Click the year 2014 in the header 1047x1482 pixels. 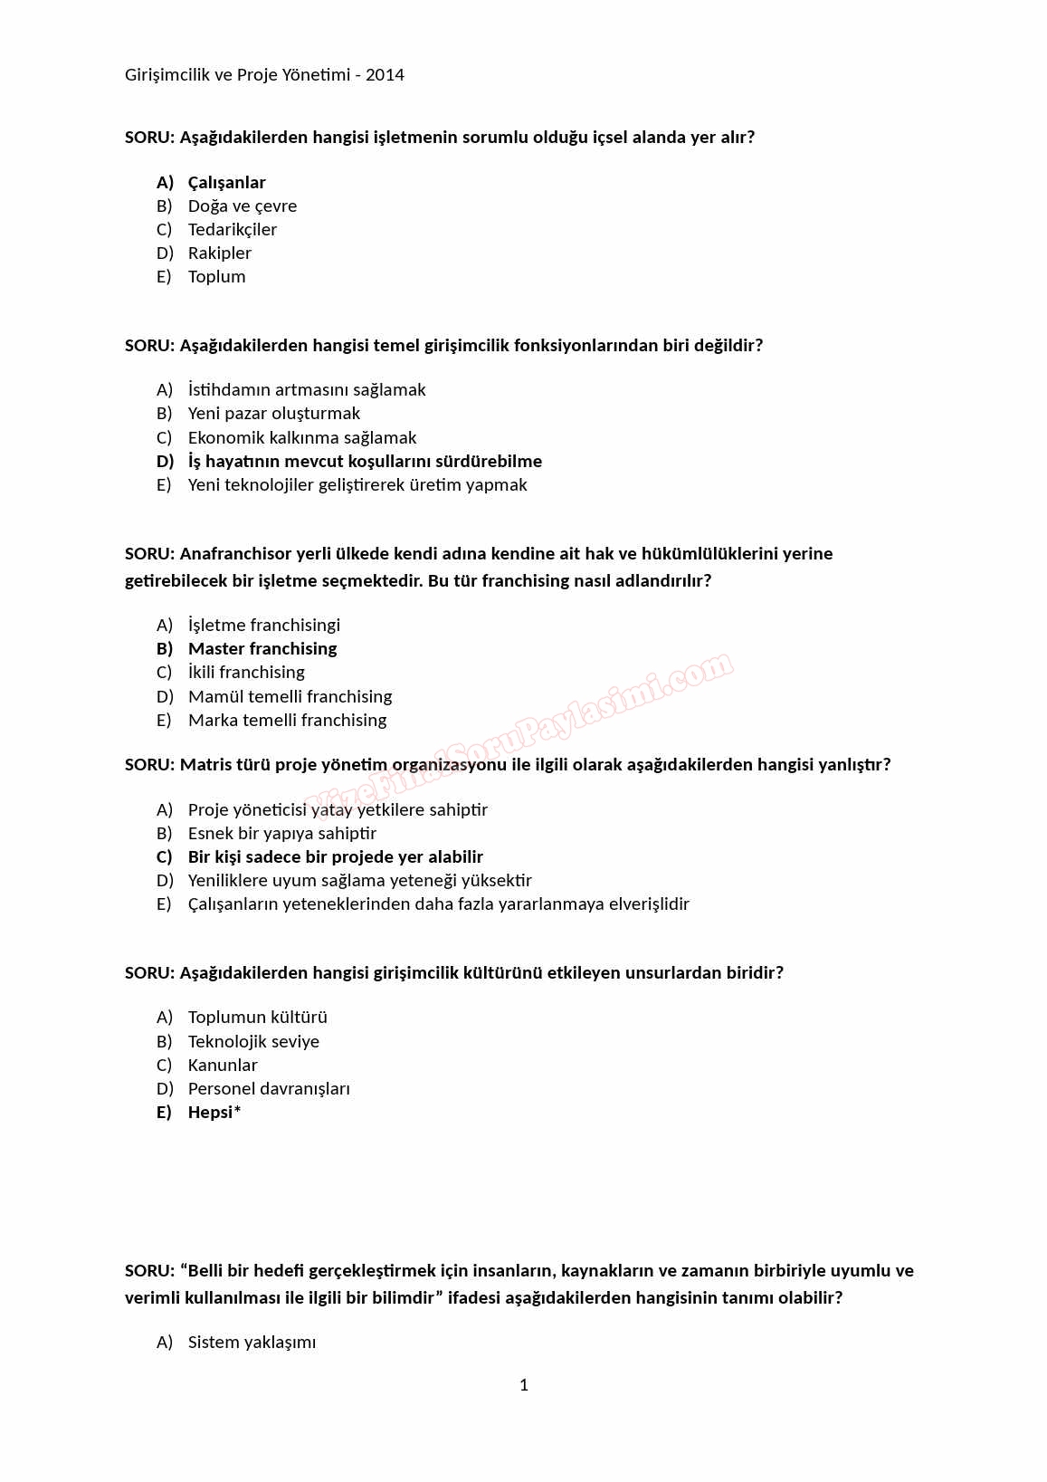(x=385, y=75)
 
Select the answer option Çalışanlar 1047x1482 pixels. (x=226, y=183)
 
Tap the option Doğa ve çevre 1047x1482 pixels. (x=242, y=206)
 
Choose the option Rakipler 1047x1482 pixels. (x=219, y=253)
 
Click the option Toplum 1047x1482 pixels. (x=216, y=277)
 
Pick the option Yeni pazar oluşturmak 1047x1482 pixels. (x=273, y=414)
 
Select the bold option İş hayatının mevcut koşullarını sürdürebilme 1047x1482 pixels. (x=365, y=462)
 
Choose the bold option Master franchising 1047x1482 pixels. (x=262, y=649)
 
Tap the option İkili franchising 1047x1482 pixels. (x=246, y=673)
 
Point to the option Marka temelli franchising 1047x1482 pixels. (x=287, y=721)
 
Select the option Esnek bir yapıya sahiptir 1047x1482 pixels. (x=281, y=834)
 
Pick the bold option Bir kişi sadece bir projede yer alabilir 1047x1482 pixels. (x=335, y=857)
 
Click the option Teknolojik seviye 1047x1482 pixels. (x=253, y=1042)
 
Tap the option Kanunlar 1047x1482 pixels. (x=223, y=1066)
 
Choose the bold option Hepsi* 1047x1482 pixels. (x=214, y=1113)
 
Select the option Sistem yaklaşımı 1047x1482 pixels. (x=252, y=1343)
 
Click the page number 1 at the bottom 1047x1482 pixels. (x=524, y=1385)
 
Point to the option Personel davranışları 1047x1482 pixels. (x=269, y=1089)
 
